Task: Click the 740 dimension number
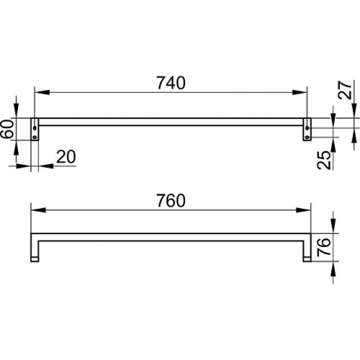(171, 83)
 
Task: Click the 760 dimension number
(171, 200)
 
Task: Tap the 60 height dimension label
(7, 129)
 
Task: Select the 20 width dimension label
(66, 157)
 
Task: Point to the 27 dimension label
(345, 90)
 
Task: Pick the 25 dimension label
(324, 160)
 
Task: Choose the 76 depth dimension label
(324, 247)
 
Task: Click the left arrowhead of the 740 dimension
(42, 92)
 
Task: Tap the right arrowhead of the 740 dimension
(300, 92)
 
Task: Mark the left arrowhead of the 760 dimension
(38, 210)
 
